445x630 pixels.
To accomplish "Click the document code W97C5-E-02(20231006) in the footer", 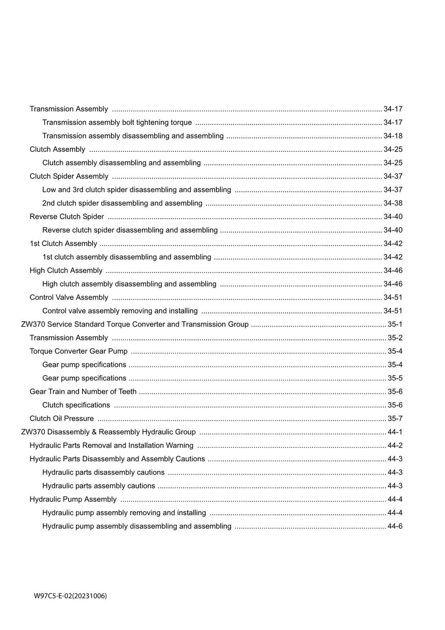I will [x=70, y=596].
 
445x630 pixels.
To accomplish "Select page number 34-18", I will [x=393, y=136].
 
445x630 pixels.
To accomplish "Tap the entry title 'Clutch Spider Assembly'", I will [x=69, y=176].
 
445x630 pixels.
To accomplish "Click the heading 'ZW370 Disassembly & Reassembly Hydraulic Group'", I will [x=108, y=432].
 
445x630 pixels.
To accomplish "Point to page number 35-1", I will [x=395, y=324].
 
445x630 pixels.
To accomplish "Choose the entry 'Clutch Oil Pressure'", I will [x=62, y=418].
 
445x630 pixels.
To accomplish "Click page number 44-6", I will [x=395, y=526].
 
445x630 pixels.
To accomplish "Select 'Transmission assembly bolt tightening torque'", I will [x=117, y=122].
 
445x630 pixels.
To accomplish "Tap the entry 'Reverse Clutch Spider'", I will [x=67, y=217].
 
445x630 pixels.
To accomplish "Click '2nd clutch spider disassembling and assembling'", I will [x=122, y=203].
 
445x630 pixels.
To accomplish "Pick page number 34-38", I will [x=393, y=203].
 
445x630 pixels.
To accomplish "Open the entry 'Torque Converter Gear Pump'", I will [x=79, y=351].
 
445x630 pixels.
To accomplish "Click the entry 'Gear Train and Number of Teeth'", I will [x=83, y=391].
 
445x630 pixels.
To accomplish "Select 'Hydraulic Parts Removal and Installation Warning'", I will [x=111, y=445].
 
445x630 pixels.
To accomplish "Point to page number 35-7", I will [x=395, y=418].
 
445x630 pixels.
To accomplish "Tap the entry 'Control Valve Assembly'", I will [x=69, y=297].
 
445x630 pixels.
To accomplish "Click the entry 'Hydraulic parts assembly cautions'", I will [x=99, y=486].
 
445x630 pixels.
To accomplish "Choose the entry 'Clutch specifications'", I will [x=76, y=405].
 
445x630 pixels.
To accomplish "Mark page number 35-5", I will [x=395, y=378].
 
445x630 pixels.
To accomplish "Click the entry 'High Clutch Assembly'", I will [x=66, y=270].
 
